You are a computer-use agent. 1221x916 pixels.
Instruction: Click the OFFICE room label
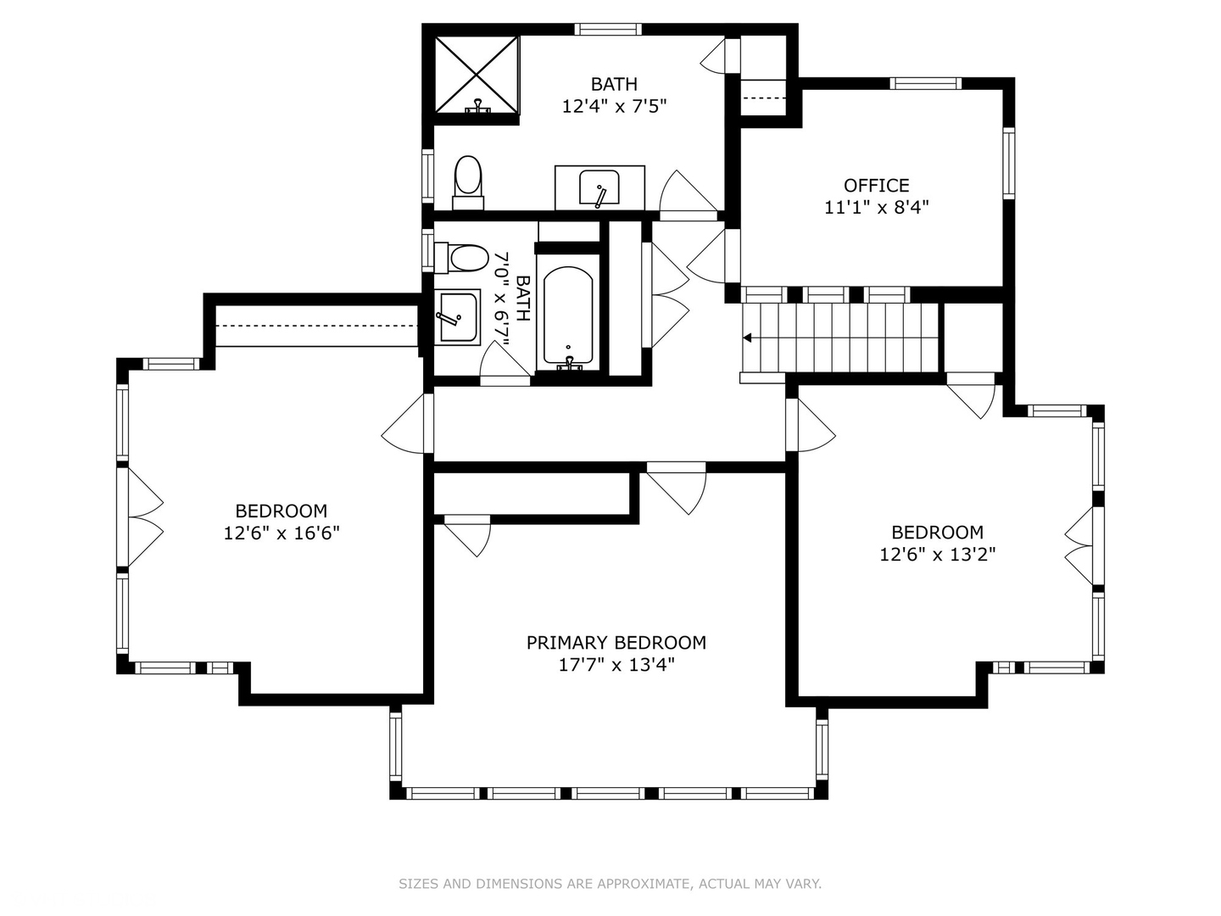pyautogui.click(x=876, y=185)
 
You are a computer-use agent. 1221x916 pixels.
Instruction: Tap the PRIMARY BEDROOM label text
pyautogui.click(x=616, y=643)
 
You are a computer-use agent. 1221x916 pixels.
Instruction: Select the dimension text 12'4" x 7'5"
pyautogui.click(x=614, y=106)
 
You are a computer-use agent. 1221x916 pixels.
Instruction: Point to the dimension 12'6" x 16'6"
pyautogui.click(x=282, y=533)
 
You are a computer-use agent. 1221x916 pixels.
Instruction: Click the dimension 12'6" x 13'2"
pyautogui.click(x=937, y=555)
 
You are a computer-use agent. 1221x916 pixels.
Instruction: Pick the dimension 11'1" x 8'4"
pyautogui.click(x=876, y=208)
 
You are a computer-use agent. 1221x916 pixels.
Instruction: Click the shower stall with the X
pyautogui.click(x=477, y=75)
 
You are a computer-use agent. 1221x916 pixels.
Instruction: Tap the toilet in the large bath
pyautogui.click(x=468, y=182)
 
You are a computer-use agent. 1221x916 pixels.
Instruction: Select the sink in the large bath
pyautogui.click(x=599, y=188)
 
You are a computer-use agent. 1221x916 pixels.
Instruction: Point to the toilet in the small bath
pyautogui.click(x=461, y=258)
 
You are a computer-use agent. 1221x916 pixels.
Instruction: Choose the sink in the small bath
pyautogui.click(x=457, y=317)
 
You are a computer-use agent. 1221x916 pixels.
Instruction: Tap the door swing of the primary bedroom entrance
pyautogui.click(x=677, y=493)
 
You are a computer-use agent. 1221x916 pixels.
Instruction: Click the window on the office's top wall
pyautogui.click(x=926, y=83)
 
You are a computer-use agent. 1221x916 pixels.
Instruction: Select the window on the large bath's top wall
pyautogui.click(x=608, y=29)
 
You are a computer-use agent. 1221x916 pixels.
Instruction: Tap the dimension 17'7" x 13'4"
pyautogui.click(x=616, y=665)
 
